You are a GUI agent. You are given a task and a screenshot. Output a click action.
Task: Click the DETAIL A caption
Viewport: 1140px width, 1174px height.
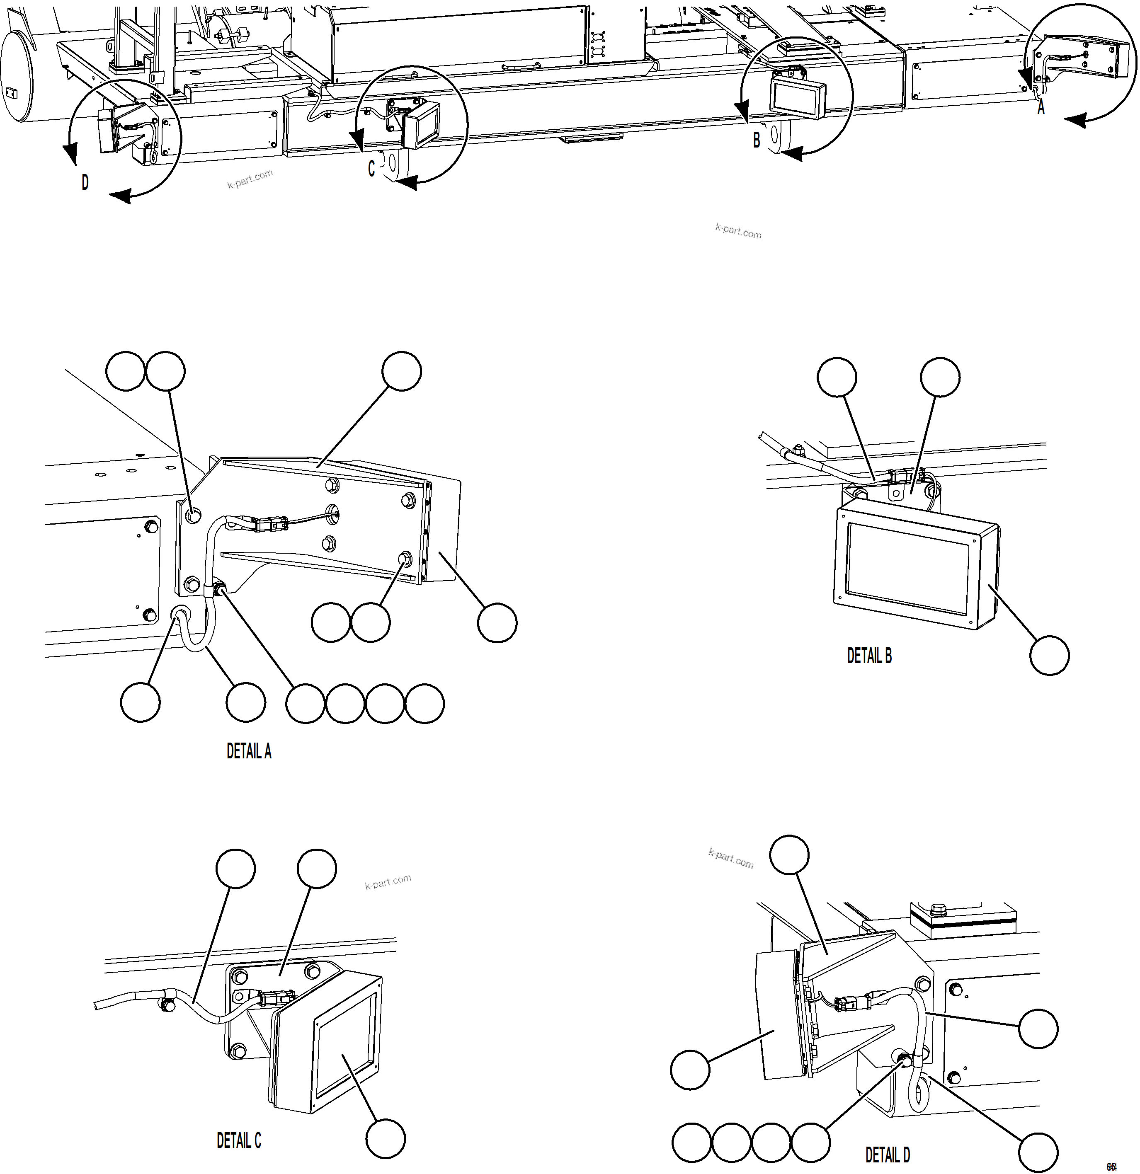pos(249,751)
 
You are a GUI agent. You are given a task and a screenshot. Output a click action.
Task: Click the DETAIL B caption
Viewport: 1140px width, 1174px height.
pos(869,656)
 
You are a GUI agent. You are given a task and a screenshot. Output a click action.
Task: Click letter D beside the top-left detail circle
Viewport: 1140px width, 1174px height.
pos(85,183)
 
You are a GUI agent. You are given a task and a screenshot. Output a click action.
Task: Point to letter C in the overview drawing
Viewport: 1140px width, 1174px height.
pos(371,169)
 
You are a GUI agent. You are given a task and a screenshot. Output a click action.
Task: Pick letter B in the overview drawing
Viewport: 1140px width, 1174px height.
pos(757,140)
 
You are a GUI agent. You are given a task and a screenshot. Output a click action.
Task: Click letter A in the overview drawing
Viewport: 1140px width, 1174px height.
pos(1041,108)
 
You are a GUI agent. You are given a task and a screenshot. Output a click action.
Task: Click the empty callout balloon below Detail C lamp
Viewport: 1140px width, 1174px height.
pos(386,1139)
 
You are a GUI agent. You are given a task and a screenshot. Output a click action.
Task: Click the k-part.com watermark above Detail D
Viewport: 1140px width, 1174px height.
pos(731,858)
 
